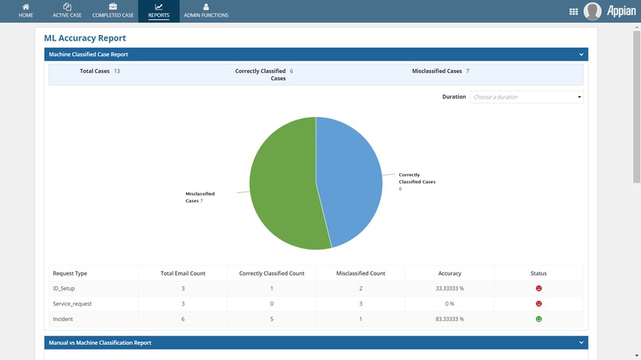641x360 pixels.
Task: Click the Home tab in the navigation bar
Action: click(x=25, y=10)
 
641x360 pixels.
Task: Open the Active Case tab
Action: click(x=67, y=10)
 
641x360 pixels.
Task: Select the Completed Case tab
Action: click(x=113, y=10)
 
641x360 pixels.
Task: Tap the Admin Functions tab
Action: click(x=206, y=10)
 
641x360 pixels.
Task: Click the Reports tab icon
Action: click(x=158, y=7)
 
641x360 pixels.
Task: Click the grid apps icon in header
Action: click(x=574, y=11)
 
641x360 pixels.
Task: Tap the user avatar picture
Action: click(x=592, y=11)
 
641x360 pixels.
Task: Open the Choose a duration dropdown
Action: click(x=526, y=97)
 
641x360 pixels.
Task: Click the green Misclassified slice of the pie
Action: click(x=282, y=187)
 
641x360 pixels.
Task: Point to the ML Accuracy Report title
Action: click(x=85, y=38)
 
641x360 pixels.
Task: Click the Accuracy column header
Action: click(x=449, y=273)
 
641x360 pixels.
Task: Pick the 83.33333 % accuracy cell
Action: click(x=449, y=319)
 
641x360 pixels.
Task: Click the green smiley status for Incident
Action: click(x=538, y=319)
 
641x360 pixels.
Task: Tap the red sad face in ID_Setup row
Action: click(x=538, y=288)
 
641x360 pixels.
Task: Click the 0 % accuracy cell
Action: click(x=449, y=304)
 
